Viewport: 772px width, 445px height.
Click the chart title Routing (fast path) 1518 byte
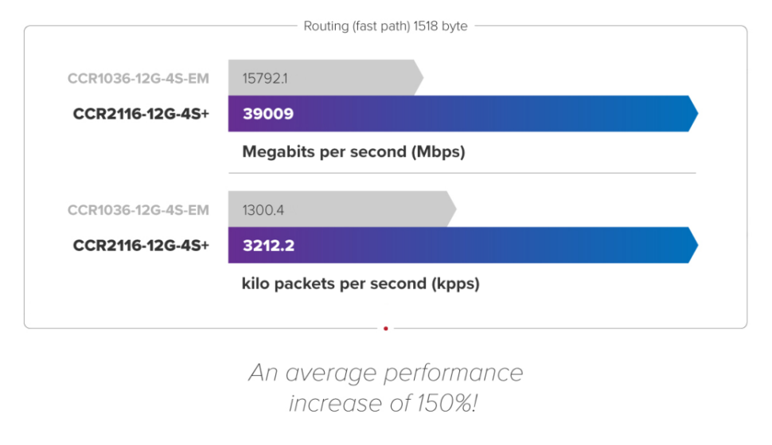pyautogui.click(x=385, y=26)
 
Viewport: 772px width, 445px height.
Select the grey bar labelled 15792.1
pyautogui.click(x=350, y=78)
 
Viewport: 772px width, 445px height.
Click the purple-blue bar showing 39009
pyautogui.click(x=478, y=113)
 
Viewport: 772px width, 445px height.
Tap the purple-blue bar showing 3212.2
pyautogui.click(x=478, y=244)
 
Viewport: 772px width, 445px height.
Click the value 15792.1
pyautogui.click(x=264, y=78)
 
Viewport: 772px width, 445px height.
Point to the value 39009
pyautogui.click(x=268, y=114)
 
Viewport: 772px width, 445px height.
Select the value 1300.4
pyautogui.click(x=263, y=210)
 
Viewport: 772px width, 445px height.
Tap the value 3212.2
pyautogui.click(x=269, y=245)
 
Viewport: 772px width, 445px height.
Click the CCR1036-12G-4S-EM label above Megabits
pyautogui.click(x=138, y=78)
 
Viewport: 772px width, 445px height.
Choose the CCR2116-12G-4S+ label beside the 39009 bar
pyautogui.click(x=141, y=114)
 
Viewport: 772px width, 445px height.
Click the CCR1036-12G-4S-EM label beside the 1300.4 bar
pyautogui.click(x=138, y=210)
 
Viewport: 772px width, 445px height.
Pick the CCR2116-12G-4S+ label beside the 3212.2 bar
pyautogui.click(x=141, y=245)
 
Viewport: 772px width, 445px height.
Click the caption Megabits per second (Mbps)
pyautogui.click(x=353, y=152)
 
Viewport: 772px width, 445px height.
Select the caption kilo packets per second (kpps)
pyautogui.click(x=361, y=283)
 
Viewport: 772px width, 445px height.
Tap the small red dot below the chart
pyautogui.click(x=386, y=328)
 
